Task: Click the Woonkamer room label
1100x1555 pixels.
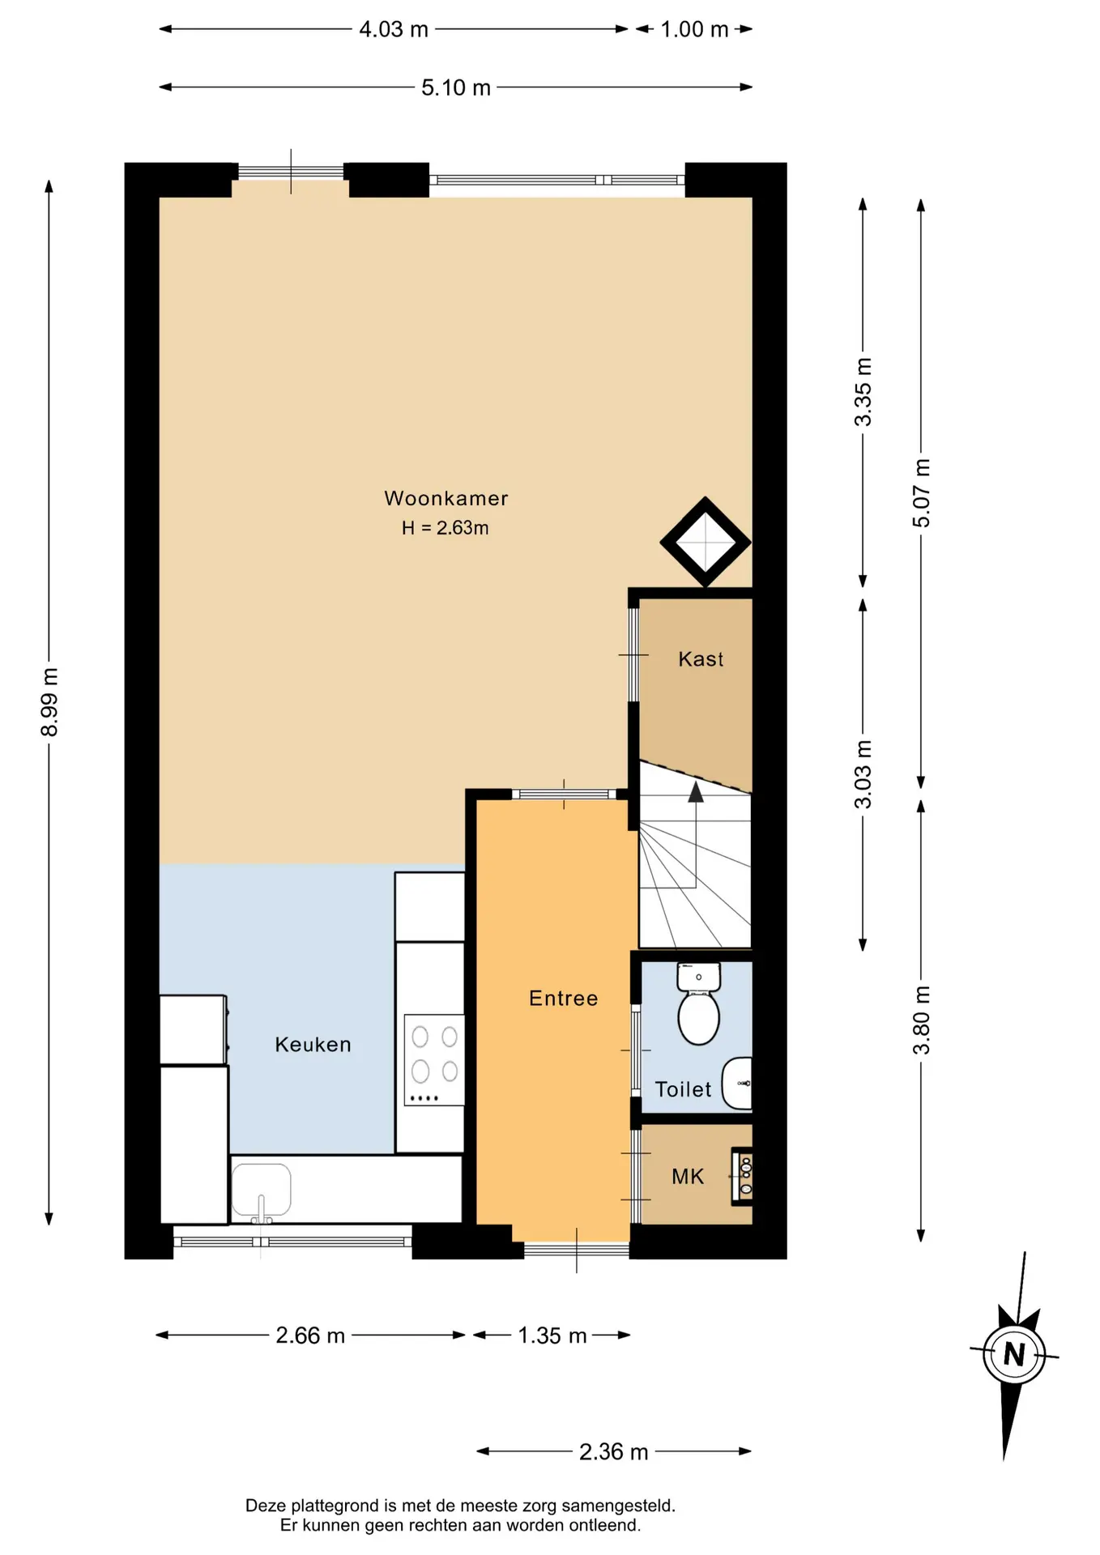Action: [446, 498]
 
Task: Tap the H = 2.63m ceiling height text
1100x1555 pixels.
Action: [445, 528]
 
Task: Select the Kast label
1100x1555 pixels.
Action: [701, 659]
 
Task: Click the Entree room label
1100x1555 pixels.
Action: [563, 998]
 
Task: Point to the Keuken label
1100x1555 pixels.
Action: [313, 1045]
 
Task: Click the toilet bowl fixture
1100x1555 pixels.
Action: [698, 1004]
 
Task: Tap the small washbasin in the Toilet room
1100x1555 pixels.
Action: [737, 1083]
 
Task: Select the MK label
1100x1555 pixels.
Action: [688, 1177]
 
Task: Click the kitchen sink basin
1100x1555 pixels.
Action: [261, 1192]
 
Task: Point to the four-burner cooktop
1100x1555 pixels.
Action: [434, 1059]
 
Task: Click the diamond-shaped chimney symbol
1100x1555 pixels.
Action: [706, 542]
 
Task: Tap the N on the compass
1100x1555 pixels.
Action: [1014, 1354]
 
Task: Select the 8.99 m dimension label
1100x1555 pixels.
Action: [49, 702]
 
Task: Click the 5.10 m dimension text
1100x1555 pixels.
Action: [456, 87]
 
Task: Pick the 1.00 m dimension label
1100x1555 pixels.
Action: [694, 29]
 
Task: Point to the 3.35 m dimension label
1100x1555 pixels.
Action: [863, 392]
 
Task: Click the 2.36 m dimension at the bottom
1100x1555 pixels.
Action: [613, 1452]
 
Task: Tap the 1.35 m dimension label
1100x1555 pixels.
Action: [552, 1336]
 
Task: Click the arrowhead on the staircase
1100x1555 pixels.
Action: [696, 791]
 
